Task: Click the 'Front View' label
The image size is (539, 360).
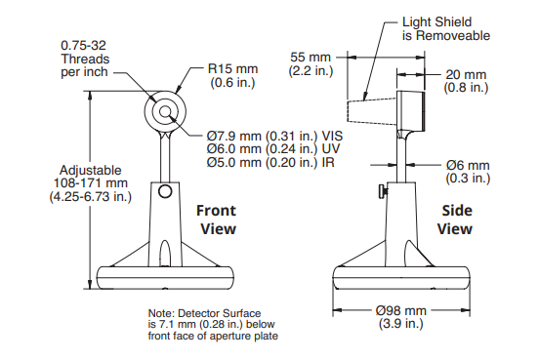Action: [216, 220]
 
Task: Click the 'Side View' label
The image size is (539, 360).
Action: [455, 220]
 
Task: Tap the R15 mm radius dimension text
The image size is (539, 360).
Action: [232, 75]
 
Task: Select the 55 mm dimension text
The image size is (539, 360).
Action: [311, 63]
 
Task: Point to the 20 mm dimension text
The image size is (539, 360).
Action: [466, 81]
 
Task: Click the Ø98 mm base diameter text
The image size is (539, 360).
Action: [400, 317]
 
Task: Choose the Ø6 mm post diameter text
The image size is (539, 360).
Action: [468, 172]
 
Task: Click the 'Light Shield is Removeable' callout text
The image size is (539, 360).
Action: [446, 29]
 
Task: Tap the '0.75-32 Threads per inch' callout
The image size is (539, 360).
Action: [85, 59]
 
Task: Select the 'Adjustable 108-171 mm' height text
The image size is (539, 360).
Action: [91, 183]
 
